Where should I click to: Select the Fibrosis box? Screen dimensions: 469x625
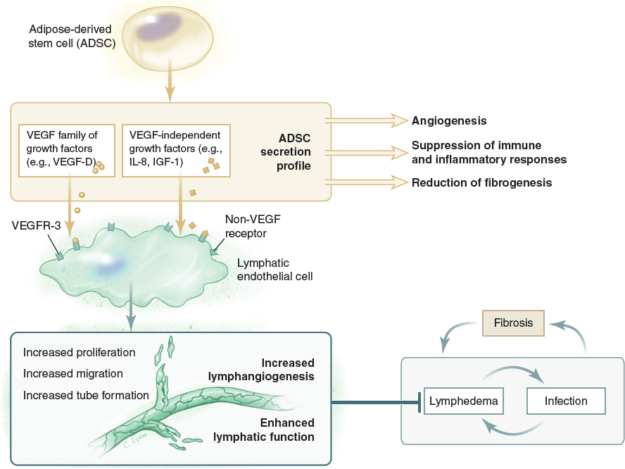[x=512, y=323]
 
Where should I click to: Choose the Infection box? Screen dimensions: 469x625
[x=566, y=401]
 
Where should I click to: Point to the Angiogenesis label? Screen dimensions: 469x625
[x=449, y=121]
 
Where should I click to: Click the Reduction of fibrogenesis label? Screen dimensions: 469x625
[x=481, y=183]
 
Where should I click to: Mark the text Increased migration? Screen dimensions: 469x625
[x=72, y=373]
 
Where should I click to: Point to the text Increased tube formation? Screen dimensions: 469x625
[x=86, y=395]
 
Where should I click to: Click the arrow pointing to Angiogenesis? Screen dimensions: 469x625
[x=366, y=121]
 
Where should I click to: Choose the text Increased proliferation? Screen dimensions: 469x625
[x=79, y=351]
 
